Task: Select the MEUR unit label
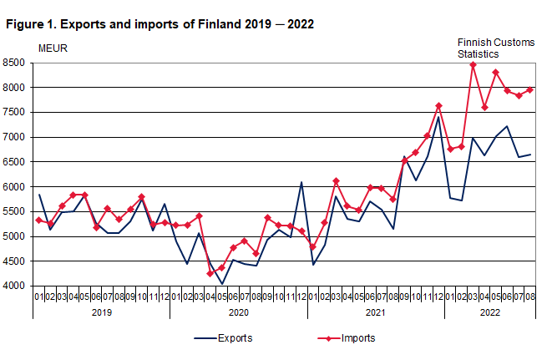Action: (x=53, y=47)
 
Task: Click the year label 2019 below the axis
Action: (x=101, y=312)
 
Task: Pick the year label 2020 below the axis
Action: (x=238, y=312)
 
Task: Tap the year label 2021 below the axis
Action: (x=375, y=312)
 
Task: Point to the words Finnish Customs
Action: (x=494, y=43)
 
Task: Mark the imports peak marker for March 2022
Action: (x=474, y=64)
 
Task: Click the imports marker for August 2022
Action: (x=530, y=89)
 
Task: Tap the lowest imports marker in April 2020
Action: (x=210, y=274)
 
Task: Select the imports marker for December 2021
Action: (x=439, y=106)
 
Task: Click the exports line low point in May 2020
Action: (x=222, y=284)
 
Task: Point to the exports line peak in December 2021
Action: (x=439, y=116)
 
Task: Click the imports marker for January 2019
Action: (x=39, y=220)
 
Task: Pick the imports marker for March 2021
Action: (x=337, y=181)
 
